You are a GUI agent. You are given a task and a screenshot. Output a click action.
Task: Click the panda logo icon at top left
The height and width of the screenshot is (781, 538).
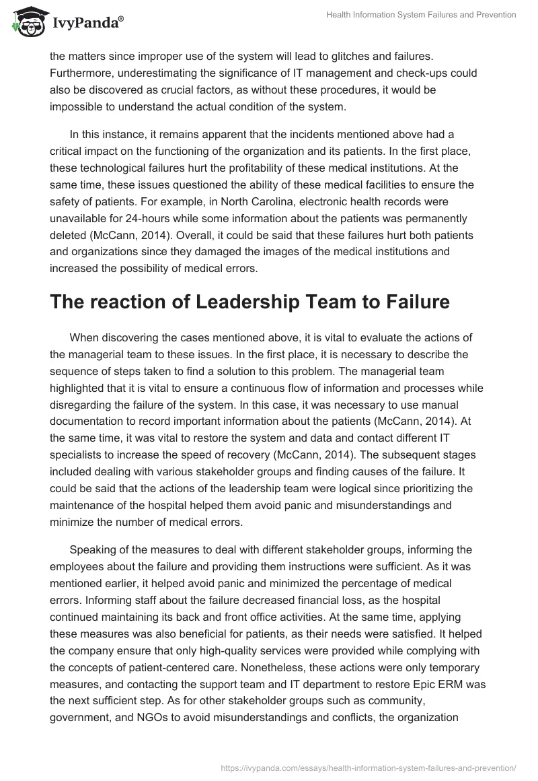pos(27,22)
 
